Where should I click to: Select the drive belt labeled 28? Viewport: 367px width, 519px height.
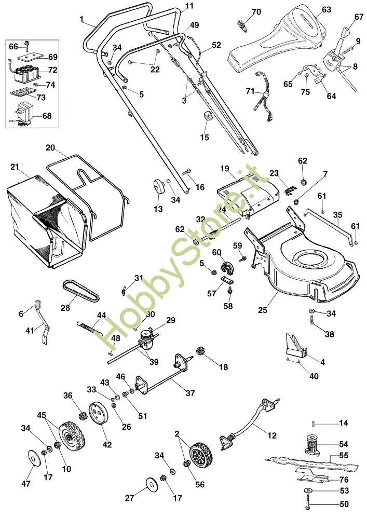[x=81, y=291]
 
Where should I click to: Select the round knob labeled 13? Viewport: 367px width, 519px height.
[x=158, y=187]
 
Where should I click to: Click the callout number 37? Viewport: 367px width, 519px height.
[x=190, y=393]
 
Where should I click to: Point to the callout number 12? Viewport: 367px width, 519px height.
[x=271, y=435]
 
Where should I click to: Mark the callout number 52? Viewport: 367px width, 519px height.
[x=216, y=44]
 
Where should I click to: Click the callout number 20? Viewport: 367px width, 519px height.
[x=50, y=147]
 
